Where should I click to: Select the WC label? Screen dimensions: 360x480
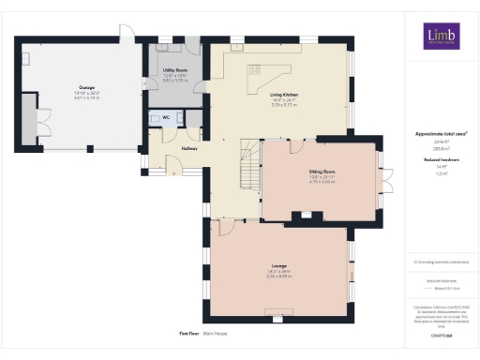click(166, 118)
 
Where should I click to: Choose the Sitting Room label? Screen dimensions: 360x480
click(322, 172)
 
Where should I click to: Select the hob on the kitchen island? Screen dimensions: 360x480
click(253, 70)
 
